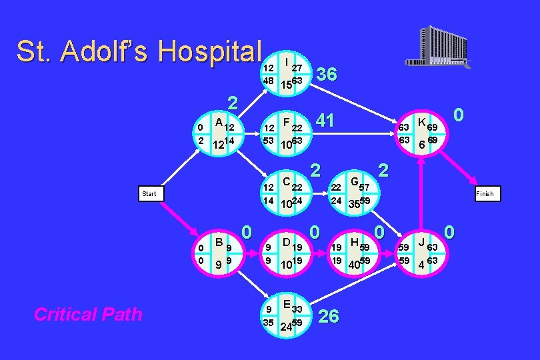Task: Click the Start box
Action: point(149,194)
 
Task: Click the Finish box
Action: point(485,194)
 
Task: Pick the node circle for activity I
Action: point(287,73)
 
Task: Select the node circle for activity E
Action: point(287,317)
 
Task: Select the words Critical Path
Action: point(88,315)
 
